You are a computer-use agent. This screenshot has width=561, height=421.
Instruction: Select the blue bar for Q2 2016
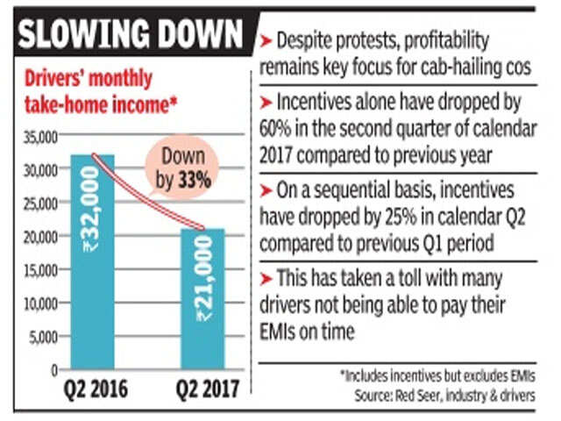[92, 263]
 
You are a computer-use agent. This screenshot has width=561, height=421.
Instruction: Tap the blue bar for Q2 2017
[202, 298]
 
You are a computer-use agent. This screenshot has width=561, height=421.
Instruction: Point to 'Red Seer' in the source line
[420, 396]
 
